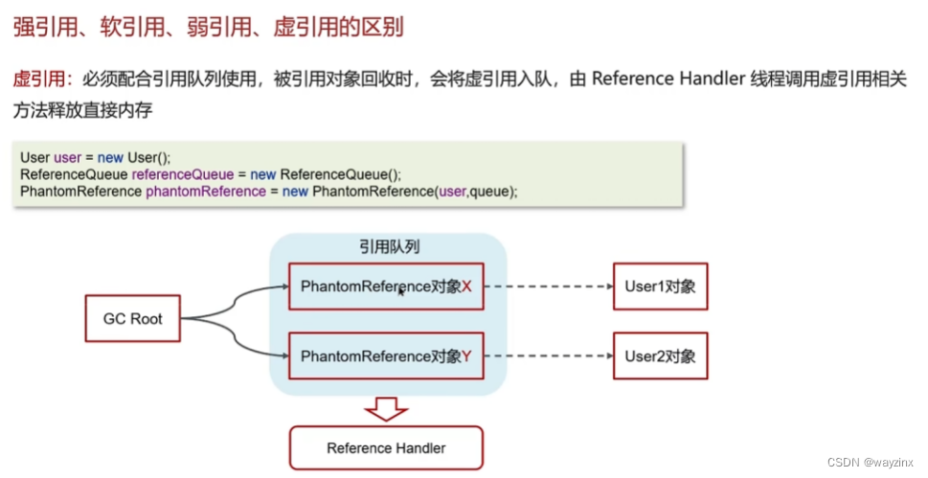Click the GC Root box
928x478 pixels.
click(x=132, y=319)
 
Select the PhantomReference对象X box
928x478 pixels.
click(x=386, y=285)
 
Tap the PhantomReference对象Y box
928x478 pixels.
click(x=386, y=356)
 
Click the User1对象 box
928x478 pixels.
click(x=660, y=285)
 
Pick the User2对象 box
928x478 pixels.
click(x=660, y=356)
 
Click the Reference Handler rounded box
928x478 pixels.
click(x=386, y=447)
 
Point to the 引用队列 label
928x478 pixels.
click(x=387, y=247)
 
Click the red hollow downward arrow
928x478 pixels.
click(x=386, y=410)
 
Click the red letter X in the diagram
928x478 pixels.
click(x=466, y=285)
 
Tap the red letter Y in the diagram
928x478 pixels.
click(x=466, y=356)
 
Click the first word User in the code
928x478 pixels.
click(x=34, y=158)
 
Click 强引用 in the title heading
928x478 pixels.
click(x=38, y=27)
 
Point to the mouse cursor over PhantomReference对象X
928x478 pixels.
click(x=400, y=290)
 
